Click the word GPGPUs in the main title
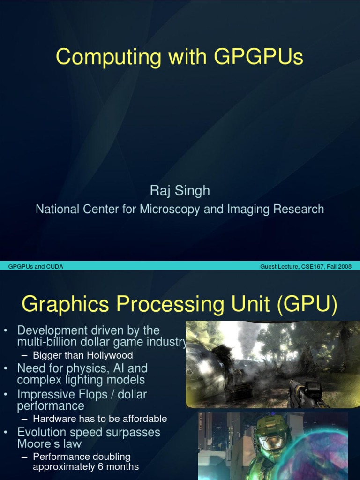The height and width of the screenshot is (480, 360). [x=258, y=57]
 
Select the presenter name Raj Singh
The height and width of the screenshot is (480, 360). [x=180, y=191]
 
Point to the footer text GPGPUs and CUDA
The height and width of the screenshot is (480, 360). [x=36, y=267]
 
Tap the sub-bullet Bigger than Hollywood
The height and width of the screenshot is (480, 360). [x=82, y=355]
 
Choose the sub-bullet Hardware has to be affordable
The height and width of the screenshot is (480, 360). [x=100, y=419]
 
